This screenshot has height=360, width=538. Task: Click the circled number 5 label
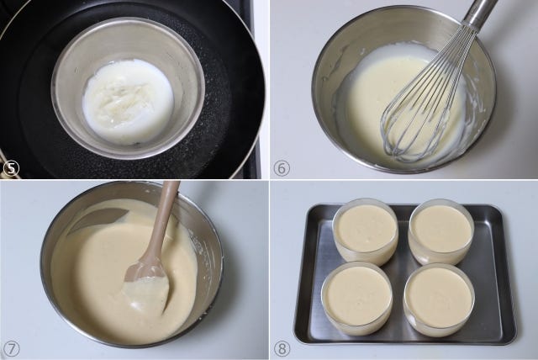coord(11,168)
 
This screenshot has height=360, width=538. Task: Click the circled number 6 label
coord(282,168)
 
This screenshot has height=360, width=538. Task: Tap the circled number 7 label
coord(11,349)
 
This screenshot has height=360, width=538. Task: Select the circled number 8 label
coord(282,349)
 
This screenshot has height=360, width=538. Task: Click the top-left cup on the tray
coord(366,231)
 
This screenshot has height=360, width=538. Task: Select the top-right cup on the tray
coord(440,231)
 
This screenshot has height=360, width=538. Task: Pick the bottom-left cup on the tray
coord(357,298)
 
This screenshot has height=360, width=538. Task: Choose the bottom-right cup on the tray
coord(439,298)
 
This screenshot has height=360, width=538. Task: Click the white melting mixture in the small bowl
coord(128,100)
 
